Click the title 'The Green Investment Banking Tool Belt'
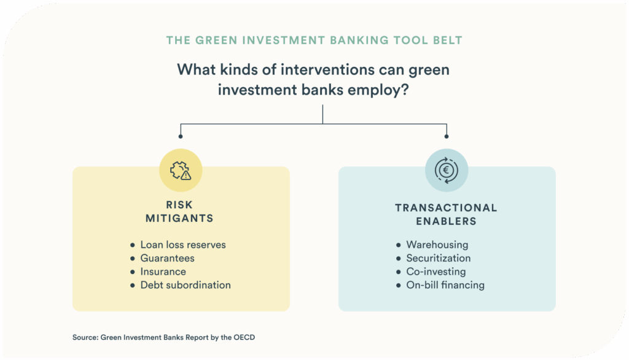(314, 41)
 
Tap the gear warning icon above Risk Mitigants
(181, 170)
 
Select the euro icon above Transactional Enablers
(447, 170)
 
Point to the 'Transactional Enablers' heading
(447, 214)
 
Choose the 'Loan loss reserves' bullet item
(183, 245)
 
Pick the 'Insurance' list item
(163, 272)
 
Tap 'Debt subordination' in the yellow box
(186, 285)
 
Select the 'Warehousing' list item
(437, 245)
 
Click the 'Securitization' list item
(438, 258)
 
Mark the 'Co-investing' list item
(436, 272)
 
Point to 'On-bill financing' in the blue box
(445, 285)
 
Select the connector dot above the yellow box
(181, 136)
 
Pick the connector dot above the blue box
(447, 136)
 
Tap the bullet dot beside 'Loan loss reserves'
(132, 245)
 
